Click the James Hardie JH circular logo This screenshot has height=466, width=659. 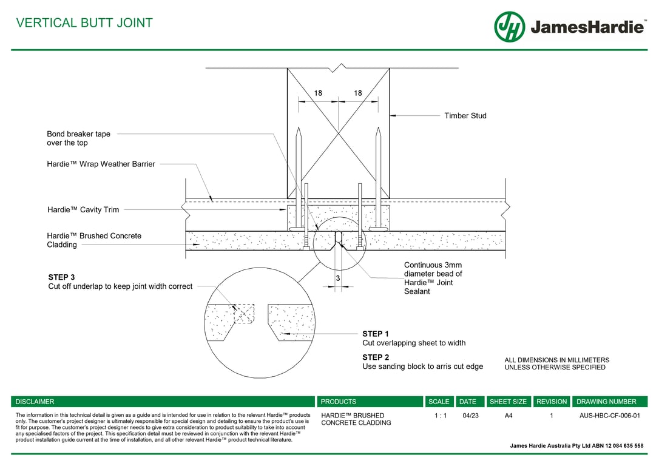[x=509, y=27]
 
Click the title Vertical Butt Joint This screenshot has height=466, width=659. [x=84, y=23]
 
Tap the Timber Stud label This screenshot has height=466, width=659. [x=465, y=116]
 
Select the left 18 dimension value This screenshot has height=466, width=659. [x=318, y=93]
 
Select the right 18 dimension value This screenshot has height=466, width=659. [x=357, y=93]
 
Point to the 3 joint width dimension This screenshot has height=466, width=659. [x=337, y=279]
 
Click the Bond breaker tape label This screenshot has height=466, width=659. [x=78, y=138]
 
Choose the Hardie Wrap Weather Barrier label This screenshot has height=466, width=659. [x=101, y=164]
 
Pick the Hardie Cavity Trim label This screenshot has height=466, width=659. [x=83, y=210]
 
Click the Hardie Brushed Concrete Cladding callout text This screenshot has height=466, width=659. [x=93, y=240]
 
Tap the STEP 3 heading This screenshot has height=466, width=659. [x=61, y=277]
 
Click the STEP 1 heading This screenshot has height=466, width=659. [x=376, y=334]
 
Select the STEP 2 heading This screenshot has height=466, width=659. [x=376, y=357]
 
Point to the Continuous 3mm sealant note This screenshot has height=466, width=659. [x=433, y=278]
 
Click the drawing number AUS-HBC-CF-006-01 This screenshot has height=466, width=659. [x=609, y=416]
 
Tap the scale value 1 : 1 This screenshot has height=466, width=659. [x=440, y=416]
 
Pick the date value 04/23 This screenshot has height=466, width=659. [x=470, y=416]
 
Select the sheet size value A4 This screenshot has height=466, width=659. [x=509, y=416]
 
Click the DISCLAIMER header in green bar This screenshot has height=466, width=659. [x=35, y=402]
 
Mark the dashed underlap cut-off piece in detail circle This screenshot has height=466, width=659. [x=244, y=314]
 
